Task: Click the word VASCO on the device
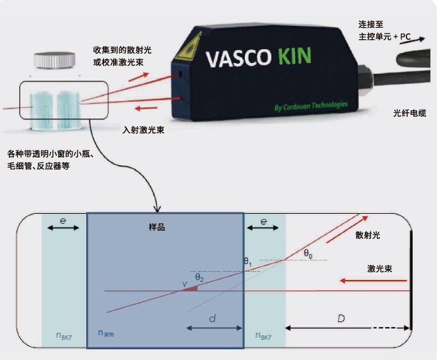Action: tap(237, 60)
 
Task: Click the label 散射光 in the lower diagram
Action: tap(368, 236)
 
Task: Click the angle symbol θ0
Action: tap(307, 254)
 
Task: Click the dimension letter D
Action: tap(341, 319)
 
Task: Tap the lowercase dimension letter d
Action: tap(213, 319)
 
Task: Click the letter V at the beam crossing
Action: tap(184, 285)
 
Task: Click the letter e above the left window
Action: tap(63, 222)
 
